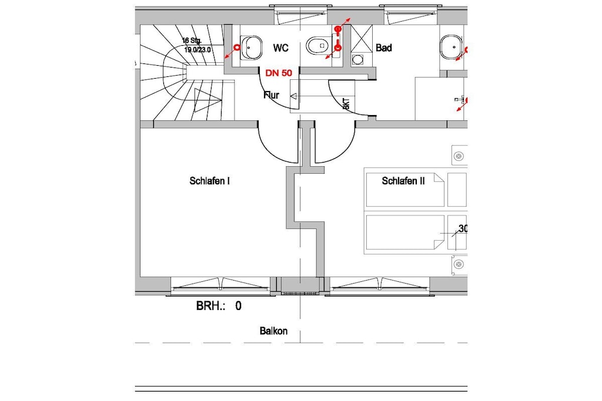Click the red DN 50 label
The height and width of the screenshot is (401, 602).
279,73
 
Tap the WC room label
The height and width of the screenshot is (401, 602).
280,48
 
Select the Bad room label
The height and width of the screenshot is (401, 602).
383,48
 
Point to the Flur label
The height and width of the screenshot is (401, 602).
272,95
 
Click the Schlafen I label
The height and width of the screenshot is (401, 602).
210,181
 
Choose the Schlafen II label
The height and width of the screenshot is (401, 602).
403,181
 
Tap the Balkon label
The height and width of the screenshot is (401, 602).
273,331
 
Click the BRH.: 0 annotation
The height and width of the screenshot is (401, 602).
219,306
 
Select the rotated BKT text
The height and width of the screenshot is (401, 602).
346,105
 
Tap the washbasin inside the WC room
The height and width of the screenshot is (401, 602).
251,48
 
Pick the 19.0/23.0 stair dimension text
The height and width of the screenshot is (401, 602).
198,49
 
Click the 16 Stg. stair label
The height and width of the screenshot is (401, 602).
192,41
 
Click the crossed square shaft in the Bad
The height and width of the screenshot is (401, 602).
362,38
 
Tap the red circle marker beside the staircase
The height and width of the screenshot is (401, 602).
237,47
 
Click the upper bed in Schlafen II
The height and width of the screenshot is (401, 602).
405,190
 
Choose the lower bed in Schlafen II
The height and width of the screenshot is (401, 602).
405,232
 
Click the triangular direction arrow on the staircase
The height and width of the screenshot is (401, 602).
208,100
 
